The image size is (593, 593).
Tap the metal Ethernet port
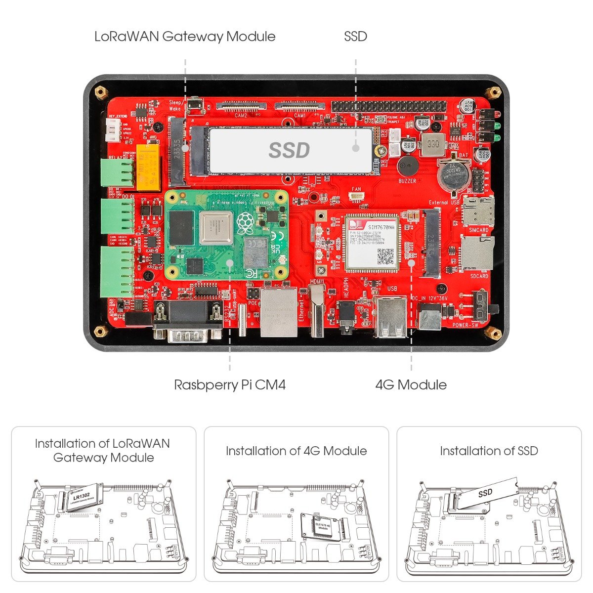(279, 312)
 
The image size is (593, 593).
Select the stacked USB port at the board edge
(391, 317)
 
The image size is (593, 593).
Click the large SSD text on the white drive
(289, 150)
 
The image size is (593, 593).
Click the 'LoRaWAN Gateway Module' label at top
(185, 37)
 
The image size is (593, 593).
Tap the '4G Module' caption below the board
(411, 385)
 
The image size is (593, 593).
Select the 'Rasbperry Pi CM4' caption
(230, 385)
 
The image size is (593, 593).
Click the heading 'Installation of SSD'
(489, 451)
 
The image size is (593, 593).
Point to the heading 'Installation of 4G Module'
(296, 451)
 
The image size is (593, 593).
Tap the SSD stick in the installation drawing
(487, 494)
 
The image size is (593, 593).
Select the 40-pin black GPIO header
(389, 106)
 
